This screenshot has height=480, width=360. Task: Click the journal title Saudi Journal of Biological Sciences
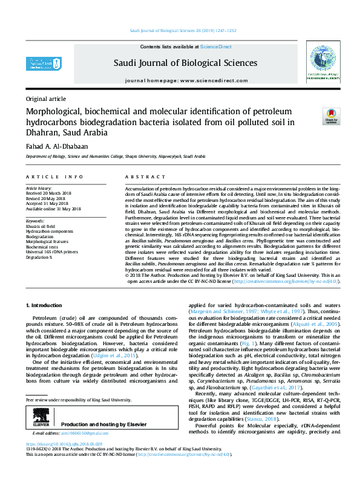pos(185,63)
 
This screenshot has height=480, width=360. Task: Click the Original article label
pos(46,99)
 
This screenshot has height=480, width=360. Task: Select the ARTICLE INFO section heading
pos(55,177)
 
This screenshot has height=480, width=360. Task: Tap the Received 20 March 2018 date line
pos(48,193)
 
